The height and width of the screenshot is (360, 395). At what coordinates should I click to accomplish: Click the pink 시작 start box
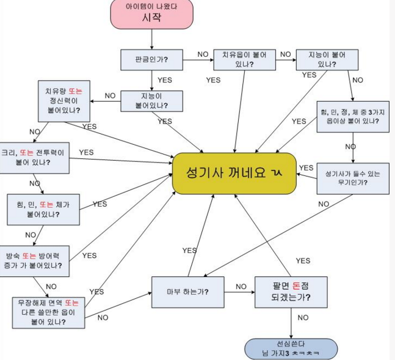click(x=151, y=14)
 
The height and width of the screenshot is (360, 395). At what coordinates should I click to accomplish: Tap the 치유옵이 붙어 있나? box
click(x=244, y=59)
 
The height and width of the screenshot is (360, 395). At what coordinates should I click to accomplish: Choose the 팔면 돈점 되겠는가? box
click(x=291, y=292)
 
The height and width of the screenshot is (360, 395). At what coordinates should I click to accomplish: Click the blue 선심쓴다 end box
click(x=290, y=349)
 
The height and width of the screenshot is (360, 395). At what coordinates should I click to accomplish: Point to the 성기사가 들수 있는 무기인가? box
click(x=353, y=178)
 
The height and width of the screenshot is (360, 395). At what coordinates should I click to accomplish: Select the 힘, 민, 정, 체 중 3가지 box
click(x=353, y=116)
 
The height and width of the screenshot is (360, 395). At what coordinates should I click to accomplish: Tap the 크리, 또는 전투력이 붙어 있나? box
click(x=34, y=158)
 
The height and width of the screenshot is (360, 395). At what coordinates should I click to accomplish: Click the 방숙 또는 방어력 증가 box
click(x=37, y=260)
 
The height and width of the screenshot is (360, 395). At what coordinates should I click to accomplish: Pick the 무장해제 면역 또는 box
click(x=48, y=312)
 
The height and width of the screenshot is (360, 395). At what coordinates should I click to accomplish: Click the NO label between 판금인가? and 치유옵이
click(x=203, y=54)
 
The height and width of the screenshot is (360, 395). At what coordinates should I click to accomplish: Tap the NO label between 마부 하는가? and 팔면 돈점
click(x=241, y=286)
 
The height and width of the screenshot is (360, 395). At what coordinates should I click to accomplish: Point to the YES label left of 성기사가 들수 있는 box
click(x=306, y=167)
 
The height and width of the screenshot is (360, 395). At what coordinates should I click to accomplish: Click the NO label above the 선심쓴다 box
click(x=303, y=317)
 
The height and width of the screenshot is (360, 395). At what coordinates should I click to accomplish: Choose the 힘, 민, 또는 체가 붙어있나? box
click(x=39, y=210)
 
